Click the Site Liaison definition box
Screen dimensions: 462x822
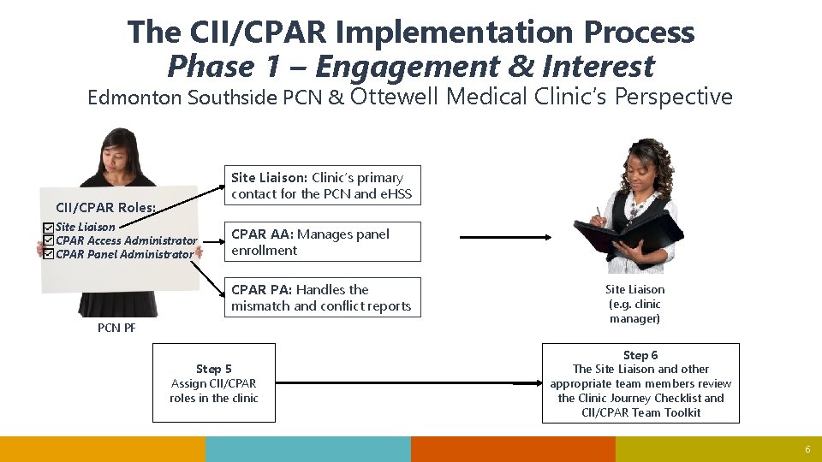pyautogui.click(x=323, y=186)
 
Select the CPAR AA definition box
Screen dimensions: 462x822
pyautogui.click(x=323, y=242)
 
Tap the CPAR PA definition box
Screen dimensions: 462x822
pyautogui.click(x=323, y=298)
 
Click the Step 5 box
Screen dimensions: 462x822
pyautogui.click(x=214, y=383)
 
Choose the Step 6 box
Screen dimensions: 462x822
pyautogui.click(x=640, y=383)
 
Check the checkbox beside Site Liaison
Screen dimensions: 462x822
pyautogui.click(x=49, y=228)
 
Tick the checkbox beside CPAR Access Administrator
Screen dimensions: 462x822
pyautogui.click(x=49, y=240)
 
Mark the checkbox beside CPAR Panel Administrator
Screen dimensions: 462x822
pyautogui.click(x=49, y=254)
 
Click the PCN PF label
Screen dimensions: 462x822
pyautogui.click(x=116, y=328)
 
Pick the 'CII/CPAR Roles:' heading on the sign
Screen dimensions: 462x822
pyautogui.click(x=105, y=207)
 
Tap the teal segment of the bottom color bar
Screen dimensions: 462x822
pyautogui.click(x=308, y=449)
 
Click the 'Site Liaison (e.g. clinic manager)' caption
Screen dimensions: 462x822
pyautogui.click(x=634, y=304)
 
